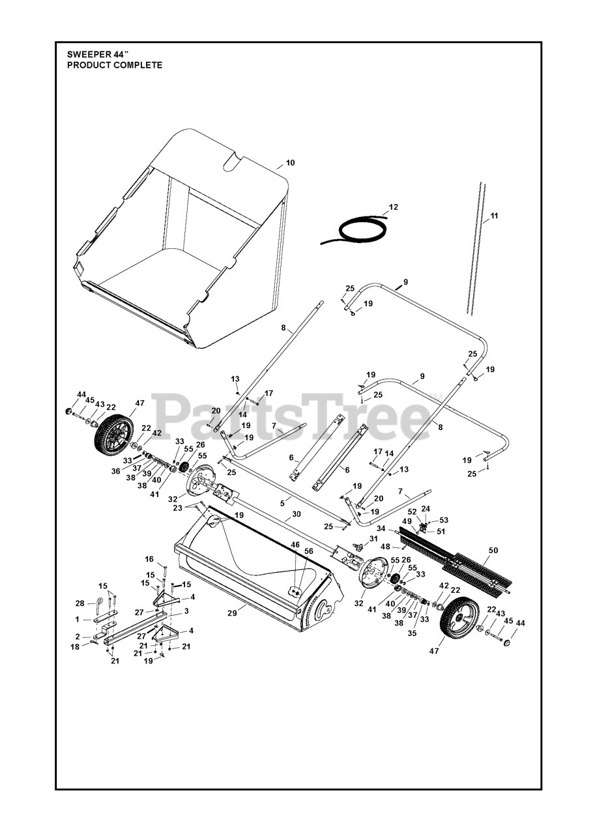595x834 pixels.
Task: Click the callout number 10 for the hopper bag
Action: pyautogui.click(x=290, y=162)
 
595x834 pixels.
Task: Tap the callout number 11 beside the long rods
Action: pyautogui.click(x=493, y=215)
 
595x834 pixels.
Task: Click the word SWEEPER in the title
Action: pyautogui.click(x=88, y=55)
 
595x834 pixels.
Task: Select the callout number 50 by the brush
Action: pyautogui.click(x=493, y=551)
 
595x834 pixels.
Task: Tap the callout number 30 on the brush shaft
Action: pyautogui.click(x=296, y=513)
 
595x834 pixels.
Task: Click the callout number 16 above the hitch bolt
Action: pyautogui.click(x=149, y=559)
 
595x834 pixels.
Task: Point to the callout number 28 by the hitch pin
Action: pyautogui.click(x=80, y=603)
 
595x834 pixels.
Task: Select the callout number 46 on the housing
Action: pyautogui.click(x=295, y=544)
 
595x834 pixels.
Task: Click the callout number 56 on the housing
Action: pyautogui.click(x=308, y=551)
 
